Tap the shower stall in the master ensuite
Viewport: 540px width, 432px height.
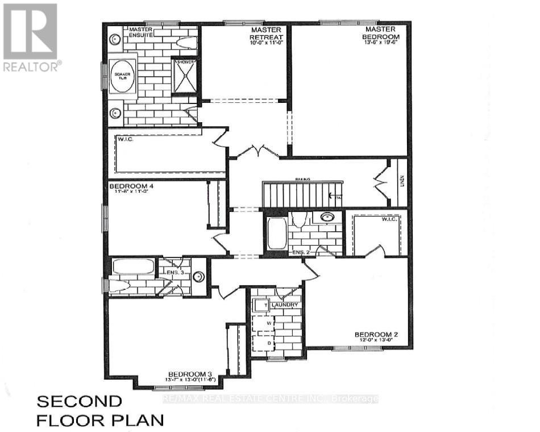click(185, 75)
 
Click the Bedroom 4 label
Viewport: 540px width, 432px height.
click(132, 186)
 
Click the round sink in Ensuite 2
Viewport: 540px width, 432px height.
click(327, 217)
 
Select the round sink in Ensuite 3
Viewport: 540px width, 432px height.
click(198, 277)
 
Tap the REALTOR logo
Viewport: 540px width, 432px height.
click(32, 38)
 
